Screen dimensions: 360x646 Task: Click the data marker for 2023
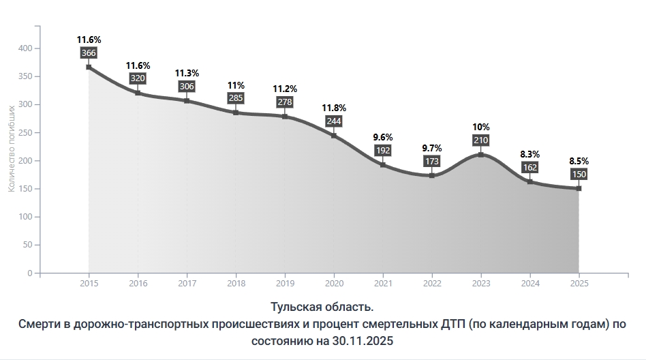pos(481,155)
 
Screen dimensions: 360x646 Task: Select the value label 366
pos(89,52)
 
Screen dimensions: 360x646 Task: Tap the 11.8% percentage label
pos(334,108)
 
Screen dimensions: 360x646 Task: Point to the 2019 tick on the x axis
pos(285,283)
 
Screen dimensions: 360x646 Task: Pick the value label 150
pos(579,174)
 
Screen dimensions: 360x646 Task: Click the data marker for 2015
pos(89,67)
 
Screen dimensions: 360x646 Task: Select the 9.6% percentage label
pos(383,136)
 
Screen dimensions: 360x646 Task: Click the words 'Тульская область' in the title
pos(322,306)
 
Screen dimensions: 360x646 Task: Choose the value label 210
pos(481,140)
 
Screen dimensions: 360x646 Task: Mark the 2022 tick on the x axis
pos(432,283)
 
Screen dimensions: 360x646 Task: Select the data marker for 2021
pos(383,165)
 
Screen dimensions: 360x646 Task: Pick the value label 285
pos(236,99)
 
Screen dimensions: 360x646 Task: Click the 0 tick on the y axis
pos(29,273)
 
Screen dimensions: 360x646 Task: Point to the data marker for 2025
pos(579,188)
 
